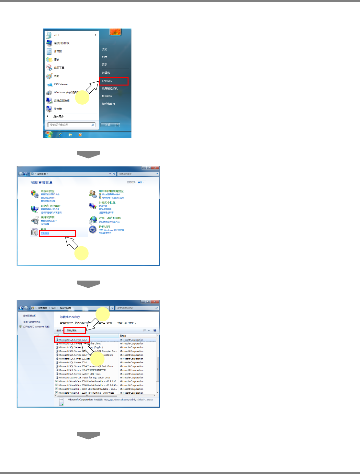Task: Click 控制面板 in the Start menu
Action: tap(107, 81)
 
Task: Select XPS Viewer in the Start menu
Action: tap(61, 84)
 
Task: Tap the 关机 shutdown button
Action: tap(108, 125)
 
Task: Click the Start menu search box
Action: tap(71, 125)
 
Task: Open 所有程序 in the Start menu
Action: tap(59, 117)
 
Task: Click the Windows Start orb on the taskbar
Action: tap(49, 134)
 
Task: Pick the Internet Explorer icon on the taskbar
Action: tap(61, 135)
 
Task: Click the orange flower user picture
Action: tap(115, 32)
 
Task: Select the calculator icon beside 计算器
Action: tap(49, 51)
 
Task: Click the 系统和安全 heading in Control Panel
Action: tap(48, 191)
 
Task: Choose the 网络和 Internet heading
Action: tap(51, 206)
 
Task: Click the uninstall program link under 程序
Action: tap(45, 233)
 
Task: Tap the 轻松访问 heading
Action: tap(104, 227)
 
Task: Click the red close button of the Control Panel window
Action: tap(155, 168)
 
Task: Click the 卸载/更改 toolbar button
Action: tap(72, 330)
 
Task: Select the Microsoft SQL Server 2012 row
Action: tap(73, 340)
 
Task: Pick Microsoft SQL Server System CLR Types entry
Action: tap(79, 374)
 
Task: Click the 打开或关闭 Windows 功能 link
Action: tap(36, 327)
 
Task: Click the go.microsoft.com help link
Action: tap(128, 399)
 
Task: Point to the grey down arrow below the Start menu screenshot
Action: tap(88, 154)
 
